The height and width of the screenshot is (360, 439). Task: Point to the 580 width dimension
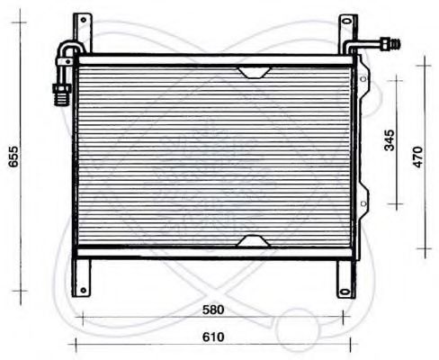pos(213,310)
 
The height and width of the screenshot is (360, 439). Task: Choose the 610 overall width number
pos(213,337)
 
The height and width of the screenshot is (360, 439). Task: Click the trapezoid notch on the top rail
pos(253,71)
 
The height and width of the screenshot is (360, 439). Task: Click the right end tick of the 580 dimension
pos(342,316)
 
